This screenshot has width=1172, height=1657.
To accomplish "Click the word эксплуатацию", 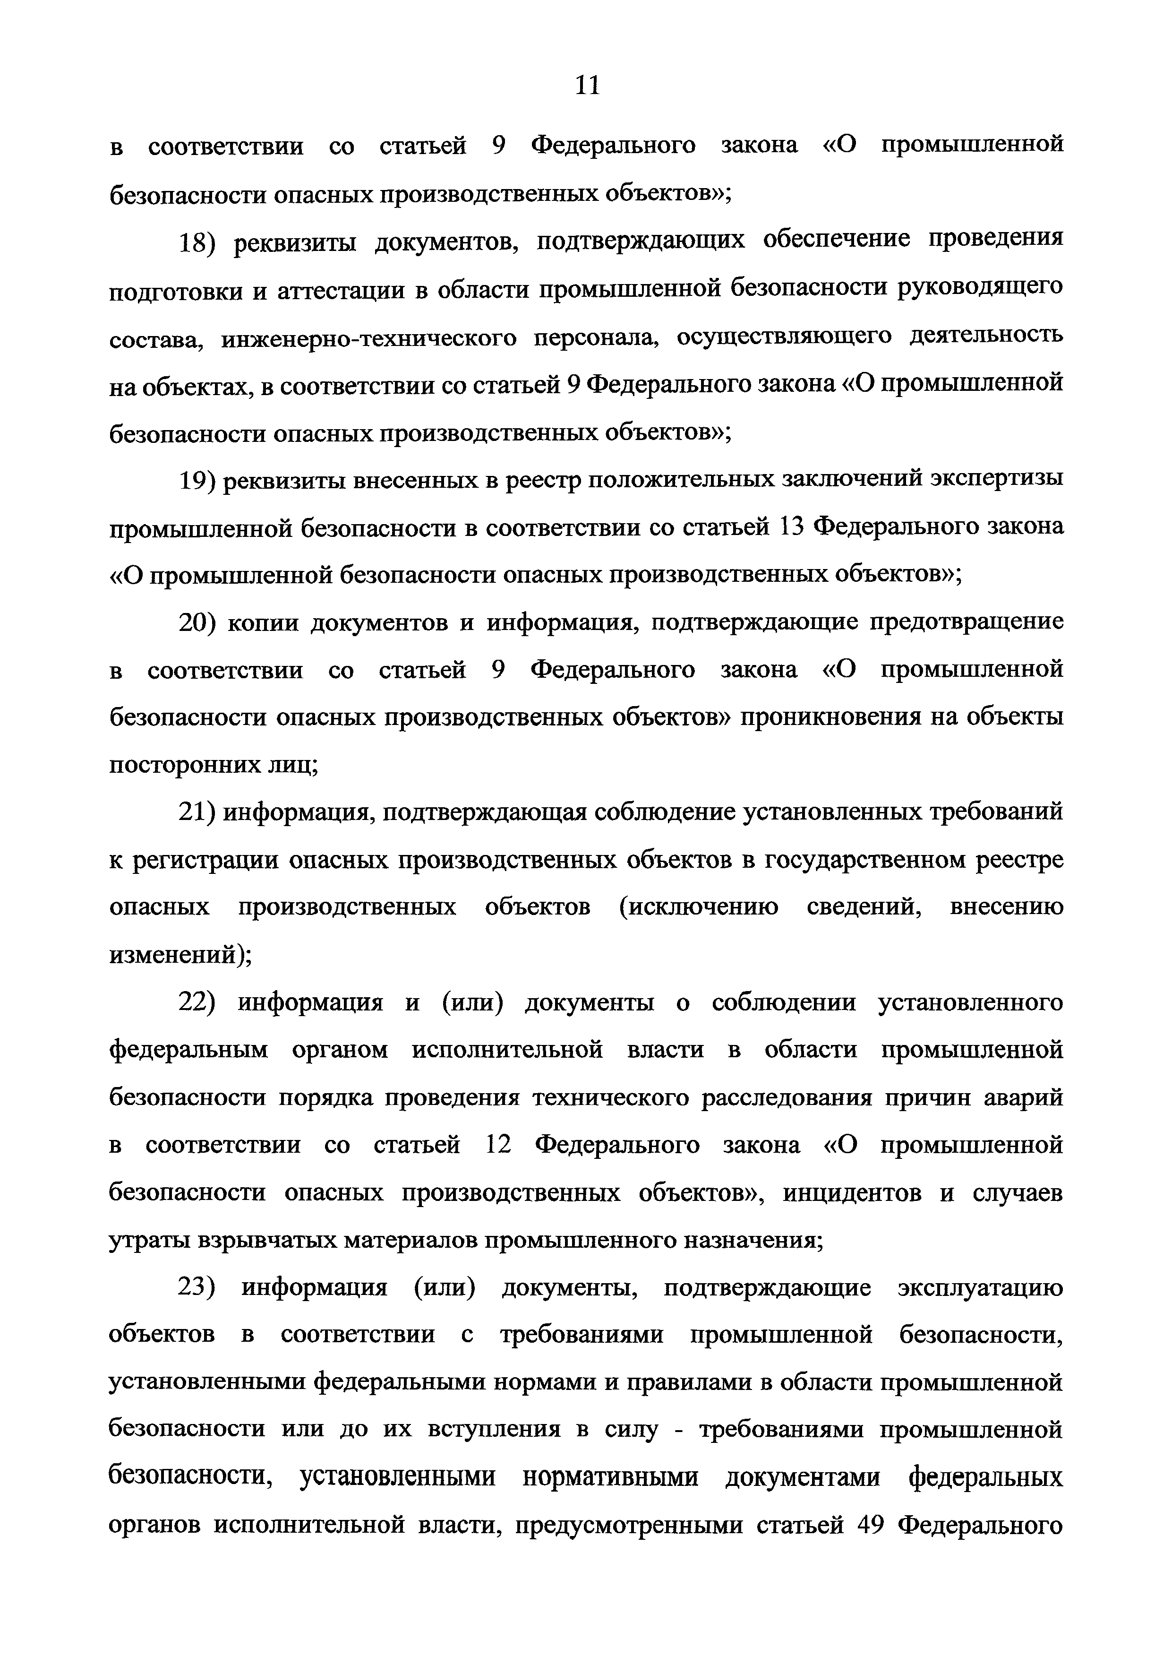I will click(x=980, y=1288).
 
